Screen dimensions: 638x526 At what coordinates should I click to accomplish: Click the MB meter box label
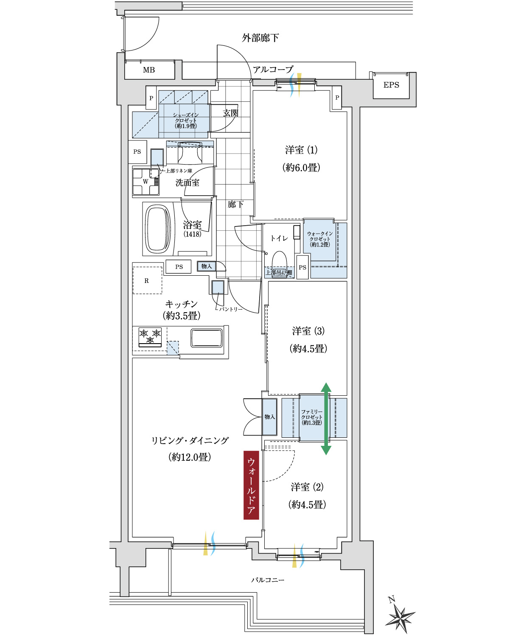pos(149,70)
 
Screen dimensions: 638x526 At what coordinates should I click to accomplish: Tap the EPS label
pos(391,85)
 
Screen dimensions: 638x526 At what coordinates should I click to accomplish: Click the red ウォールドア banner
pos(251,485)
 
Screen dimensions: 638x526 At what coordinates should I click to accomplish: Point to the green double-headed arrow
pos(326,419)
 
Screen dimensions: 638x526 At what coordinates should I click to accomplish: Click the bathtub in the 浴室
pos(158,229)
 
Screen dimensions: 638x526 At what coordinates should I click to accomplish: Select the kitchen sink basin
pos(207,338)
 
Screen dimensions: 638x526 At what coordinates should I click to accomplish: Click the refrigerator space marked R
pos(147,280)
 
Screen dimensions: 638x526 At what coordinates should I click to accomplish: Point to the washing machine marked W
pos(145,182)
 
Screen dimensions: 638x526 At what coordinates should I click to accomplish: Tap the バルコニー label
pos(268,580)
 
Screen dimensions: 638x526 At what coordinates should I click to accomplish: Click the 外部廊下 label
pos(260,38)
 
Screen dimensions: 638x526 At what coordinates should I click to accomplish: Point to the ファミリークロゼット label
pos(312,417)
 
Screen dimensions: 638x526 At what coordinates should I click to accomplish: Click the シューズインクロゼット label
pos(186,120)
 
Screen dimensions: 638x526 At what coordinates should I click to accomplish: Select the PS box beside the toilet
pos(302,267)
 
